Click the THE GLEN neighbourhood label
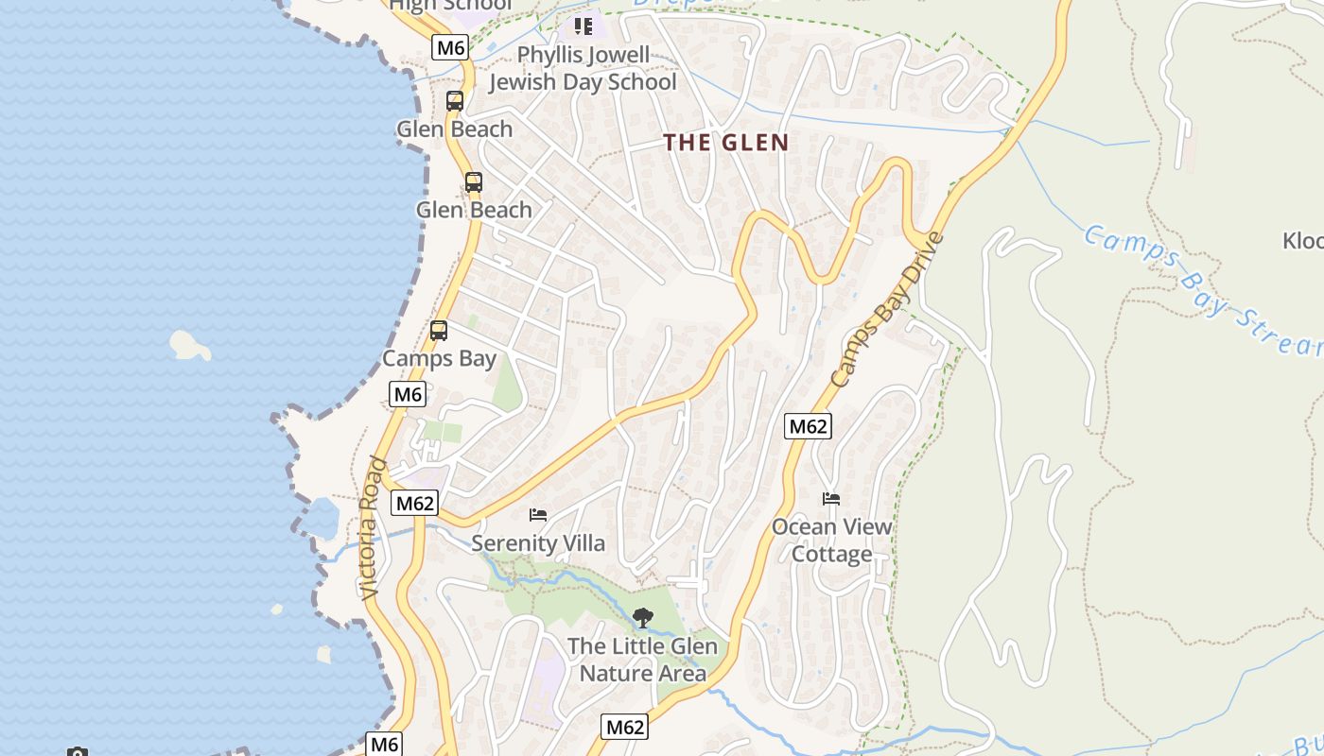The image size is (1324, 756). point(725,143)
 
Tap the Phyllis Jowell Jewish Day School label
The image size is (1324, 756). point(583,69)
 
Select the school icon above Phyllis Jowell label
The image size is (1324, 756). point(583,26)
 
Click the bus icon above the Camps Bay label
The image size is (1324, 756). point(438,331)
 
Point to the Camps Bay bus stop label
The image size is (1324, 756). point(438,359)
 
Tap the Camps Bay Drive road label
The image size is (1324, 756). point(887,308)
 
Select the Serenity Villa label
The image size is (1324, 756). point(537,543)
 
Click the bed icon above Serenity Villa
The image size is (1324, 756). point(538,515)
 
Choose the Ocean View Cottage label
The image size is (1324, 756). point(831,540)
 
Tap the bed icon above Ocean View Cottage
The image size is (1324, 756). point(831,499)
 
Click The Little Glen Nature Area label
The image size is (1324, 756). point(642,660)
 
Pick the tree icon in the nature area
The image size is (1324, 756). point(642,619)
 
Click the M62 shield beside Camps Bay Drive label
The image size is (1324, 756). point(808,426)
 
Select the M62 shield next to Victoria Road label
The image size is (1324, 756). point(414,503)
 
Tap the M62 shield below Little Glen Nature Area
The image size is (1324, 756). point(624,727)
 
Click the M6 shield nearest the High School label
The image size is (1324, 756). point(450,47)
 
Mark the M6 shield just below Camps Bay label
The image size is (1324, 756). point(408,394)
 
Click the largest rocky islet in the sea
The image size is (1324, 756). point(190,345)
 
